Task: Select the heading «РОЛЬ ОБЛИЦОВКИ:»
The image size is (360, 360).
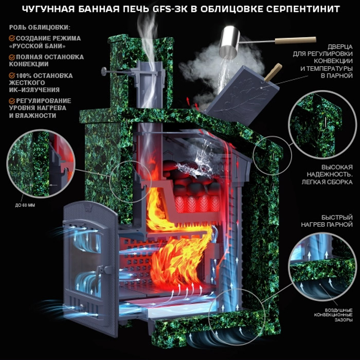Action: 40,27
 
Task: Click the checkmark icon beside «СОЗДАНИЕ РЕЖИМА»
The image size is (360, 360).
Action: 12,38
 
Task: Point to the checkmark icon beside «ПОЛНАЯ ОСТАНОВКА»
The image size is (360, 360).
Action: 12,57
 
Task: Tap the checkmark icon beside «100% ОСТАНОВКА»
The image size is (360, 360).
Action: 12,76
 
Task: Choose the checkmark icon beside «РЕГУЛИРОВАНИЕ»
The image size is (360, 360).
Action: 12,101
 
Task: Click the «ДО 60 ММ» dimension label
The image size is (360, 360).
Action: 25,205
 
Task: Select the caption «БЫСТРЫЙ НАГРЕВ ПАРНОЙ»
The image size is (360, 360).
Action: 327,221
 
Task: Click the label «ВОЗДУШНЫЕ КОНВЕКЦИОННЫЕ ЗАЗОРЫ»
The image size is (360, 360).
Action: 333,315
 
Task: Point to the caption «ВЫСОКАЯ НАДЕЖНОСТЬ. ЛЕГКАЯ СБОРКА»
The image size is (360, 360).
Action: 327,174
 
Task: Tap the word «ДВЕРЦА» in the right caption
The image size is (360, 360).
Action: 340,47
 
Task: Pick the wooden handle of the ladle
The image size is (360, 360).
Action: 295,40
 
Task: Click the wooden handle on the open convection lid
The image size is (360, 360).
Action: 273,71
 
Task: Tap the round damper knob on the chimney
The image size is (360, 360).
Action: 103,71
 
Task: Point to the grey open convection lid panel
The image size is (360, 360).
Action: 242,95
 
